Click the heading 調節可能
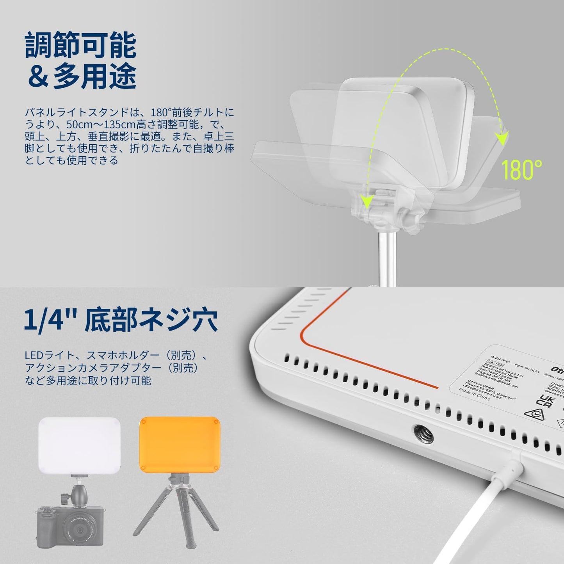tap(81, 46)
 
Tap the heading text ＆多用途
tap(82, 76)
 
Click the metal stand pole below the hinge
tap(388, 258)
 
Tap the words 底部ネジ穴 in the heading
tap(151, 321)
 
